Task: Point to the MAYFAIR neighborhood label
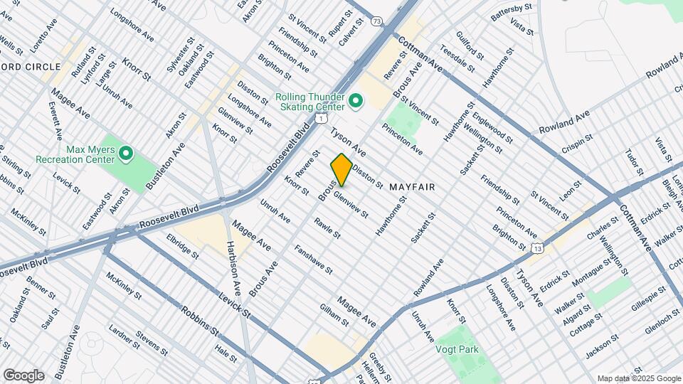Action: click(x=411, y=186)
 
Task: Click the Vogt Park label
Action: click(x=457, y=349)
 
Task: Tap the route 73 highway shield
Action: click(x=377, y=22)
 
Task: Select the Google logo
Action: click(x=23, y=375)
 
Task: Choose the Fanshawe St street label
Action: click(x=313, y=260)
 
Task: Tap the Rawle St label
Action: click(x=327, y=228)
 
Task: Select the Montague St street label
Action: click(x=592, y=274)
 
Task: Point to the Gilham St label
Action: click(x=333, y=314)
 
